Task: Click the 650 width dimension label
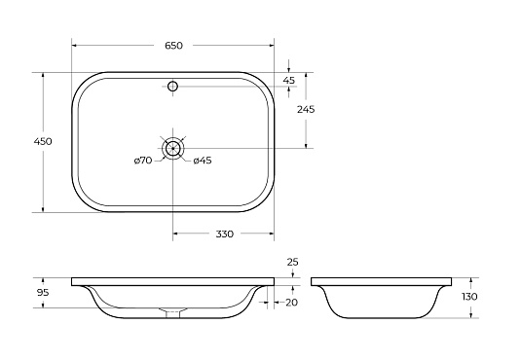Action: click(x=173, y=46)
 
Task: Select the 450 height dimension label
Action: click(x=43, y=141)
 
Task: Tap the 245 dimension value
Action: click(x=306, y=109)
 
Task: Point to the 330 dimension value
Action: click(x=225, y=234)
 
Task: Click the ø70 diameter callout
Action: click(x=143, y=161)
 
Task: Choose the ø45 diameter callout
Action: click(x=203, y=161)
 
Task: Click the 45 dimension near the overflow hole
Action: click(x=289, y=81)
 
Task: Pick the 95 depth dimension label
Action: click(x=43, y=293)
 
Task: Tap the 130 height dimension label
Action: click(x=469, y=296)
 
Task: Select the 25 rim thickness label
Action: click(x=292, y=262)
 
